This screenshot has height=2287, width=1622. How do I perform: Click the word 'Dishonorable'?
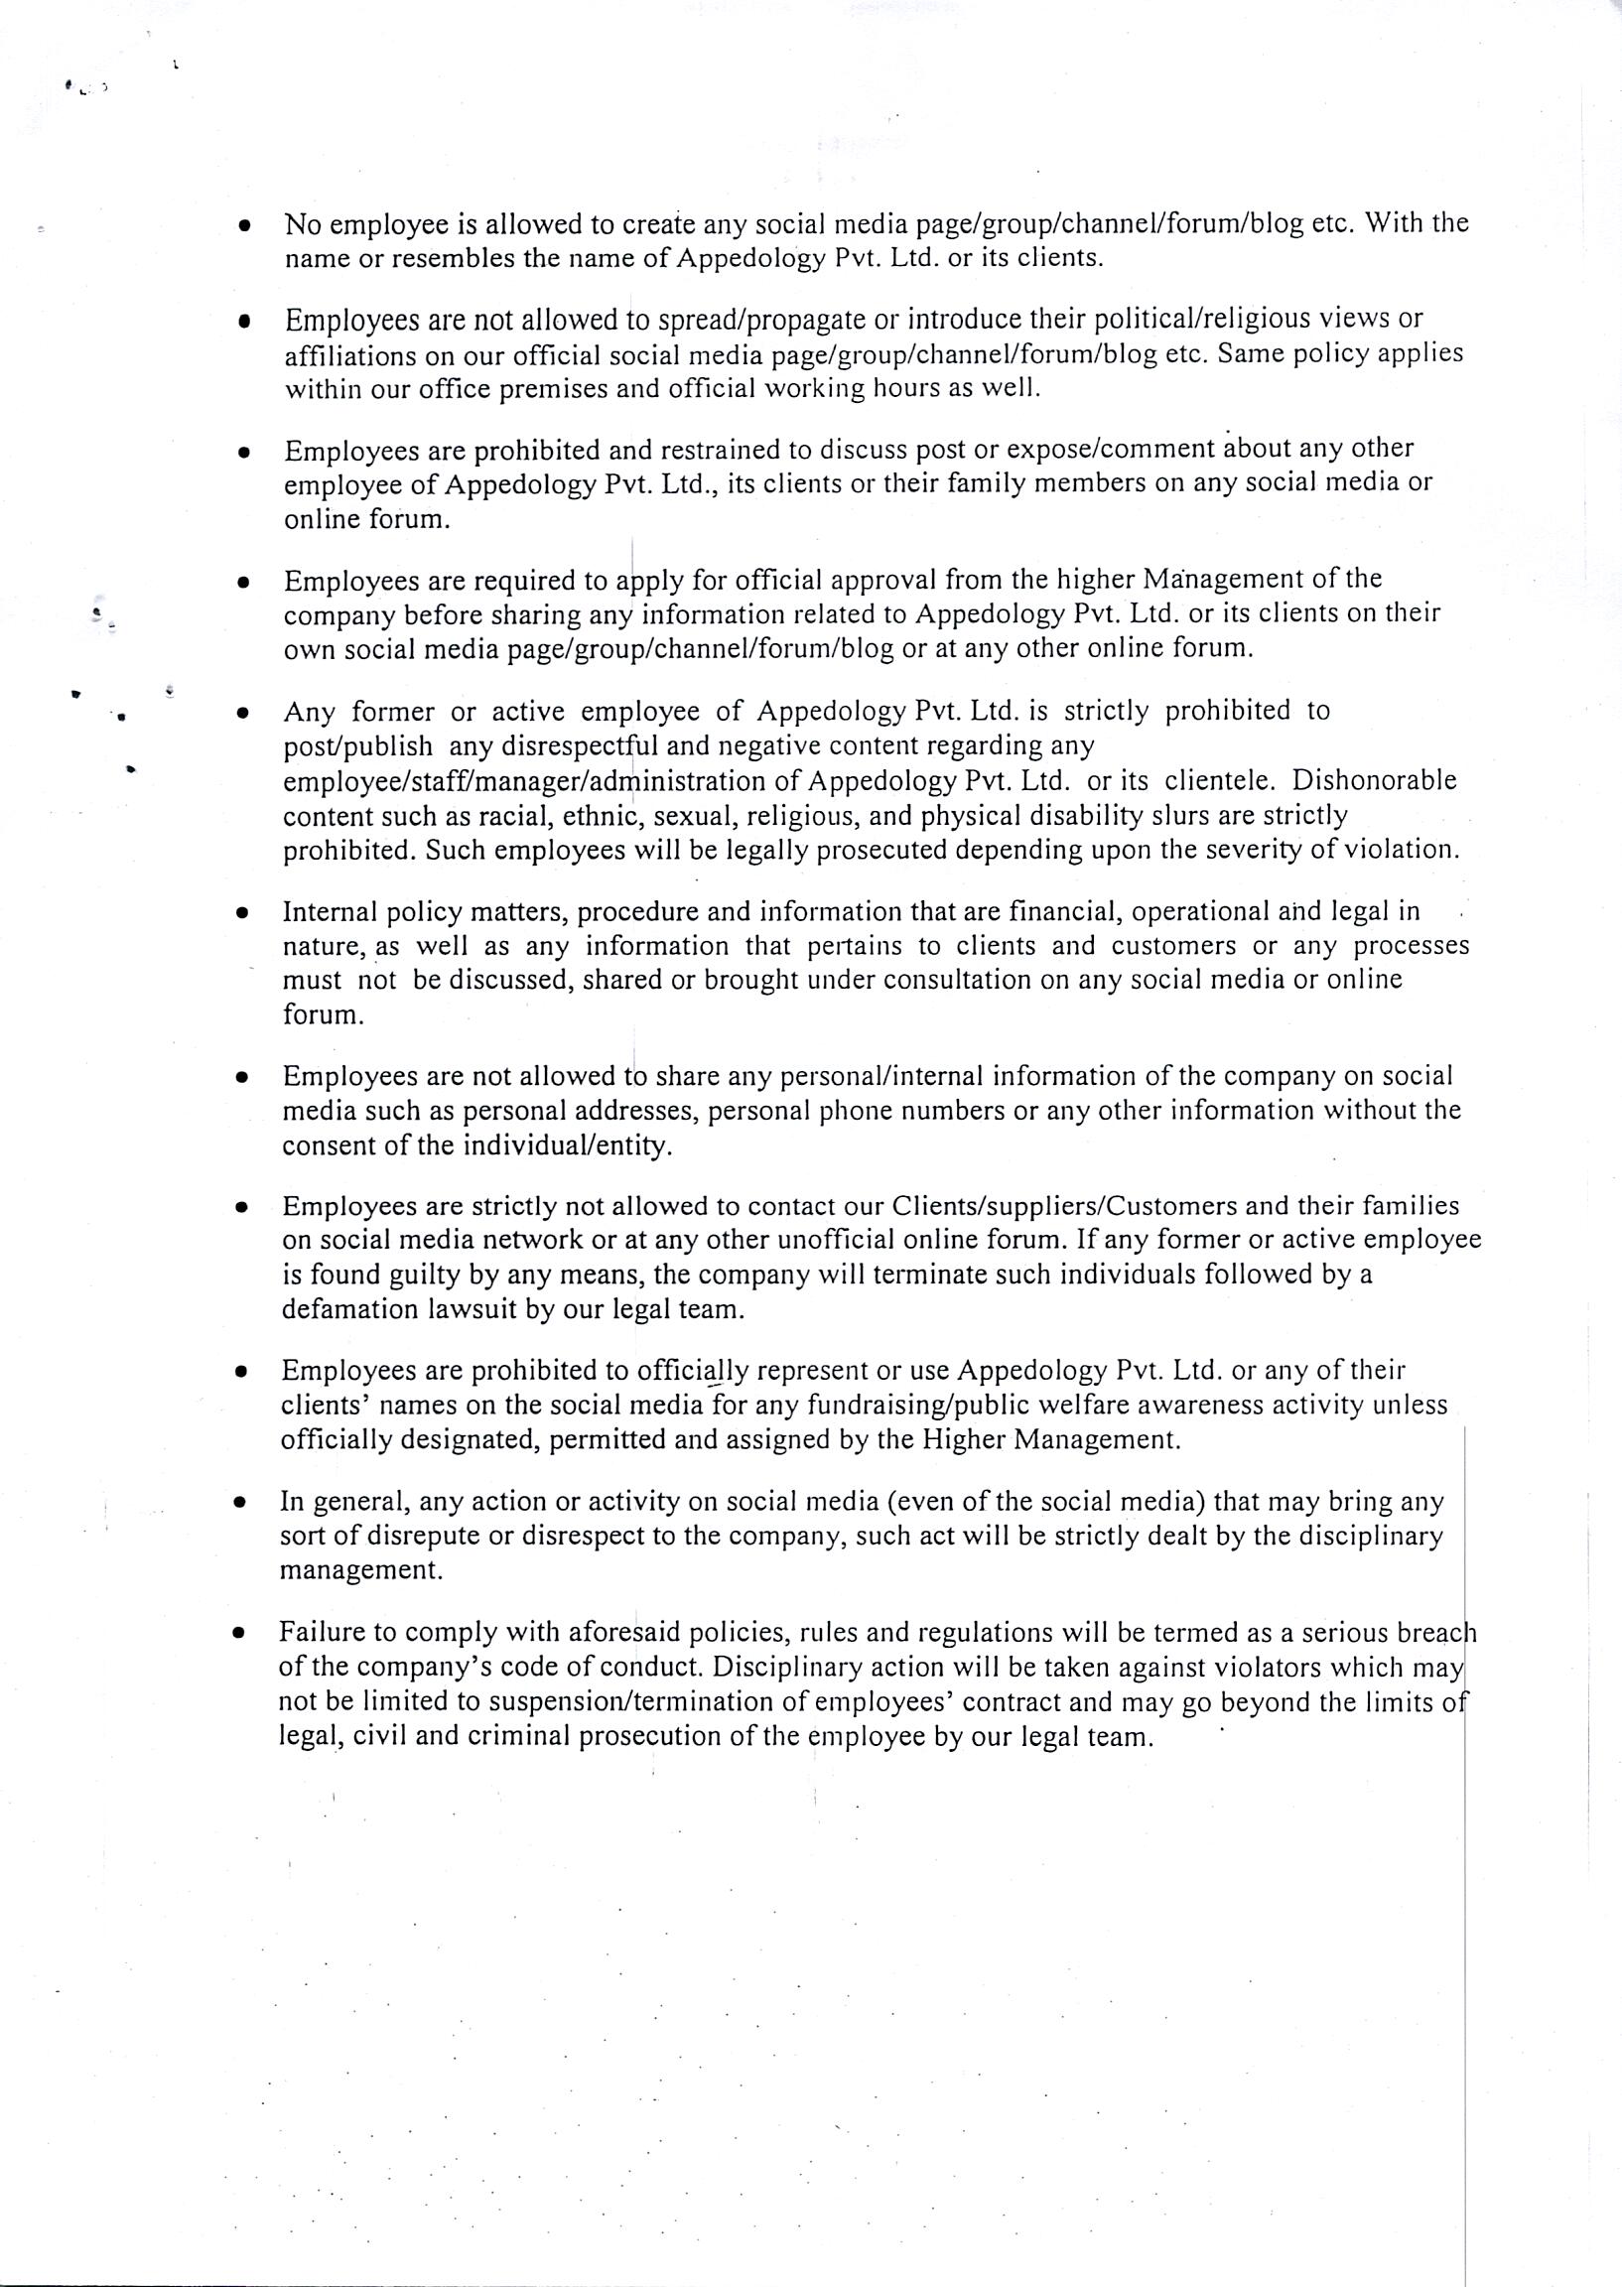[1374, 780]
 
